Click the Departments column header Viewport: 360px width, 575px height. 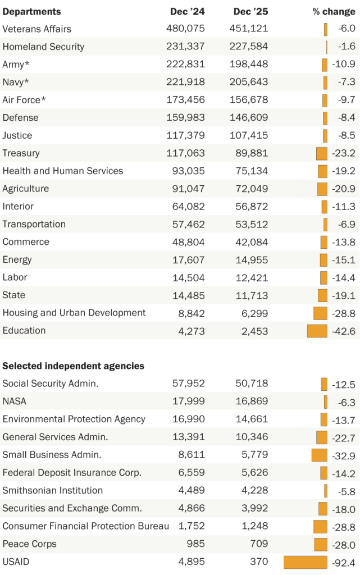(32, 11)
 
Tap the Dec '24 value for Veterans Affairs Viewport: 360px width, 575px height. (185, 29)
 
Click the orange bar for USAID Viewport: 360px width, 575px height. (305, 562)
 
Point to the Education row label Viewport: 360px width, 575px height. (24, 330)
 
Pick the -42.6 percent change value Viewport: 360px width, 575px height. (344, 331)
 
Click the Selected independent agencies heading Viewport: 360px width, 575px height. (74, 366)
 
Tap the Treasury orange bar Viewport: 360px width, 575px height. (321, 153)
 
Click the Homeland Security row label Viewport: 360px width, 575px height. (43, 47)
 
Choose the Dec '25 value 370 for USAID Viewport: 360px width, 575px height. (259, 562)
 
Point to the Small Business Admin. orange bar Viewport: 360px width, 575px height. (319, 455)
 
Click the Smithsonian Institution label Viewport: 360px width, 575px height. (53, 491)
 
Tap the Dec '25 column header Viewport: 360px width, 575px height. (249, 11)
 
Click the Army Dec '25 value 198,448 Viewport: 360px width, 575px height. (248, 65)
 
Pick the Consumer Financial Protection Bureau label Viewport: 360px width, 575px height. (85, 526)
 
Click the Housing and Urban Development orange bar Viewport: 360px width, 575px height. (320, 313)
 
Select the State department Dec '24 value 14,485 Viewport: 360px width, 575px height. (188, 295)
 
